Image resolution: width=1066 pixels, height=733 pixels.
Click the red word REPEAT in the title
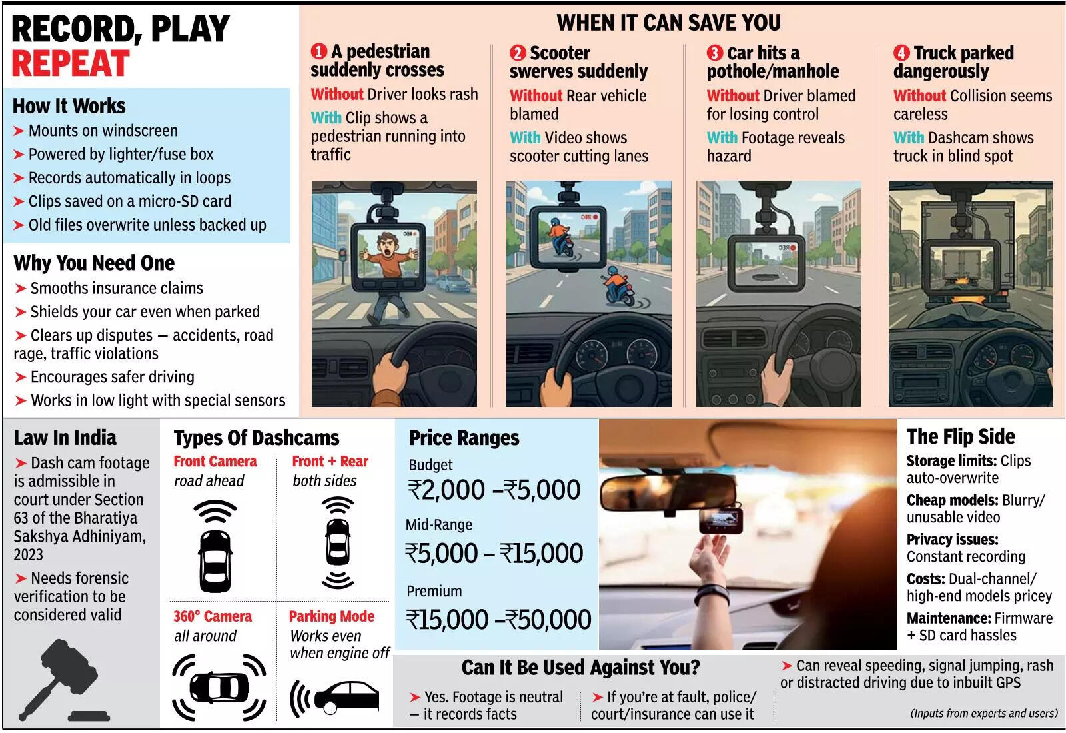point(71,63)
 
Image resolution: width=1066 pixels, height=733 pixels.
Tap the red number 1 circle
point(319,51)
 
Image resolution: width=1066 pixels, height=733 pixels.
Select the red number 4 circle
point(901,53)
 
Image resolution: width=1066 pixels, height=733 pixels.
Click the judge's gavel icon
point(64,680)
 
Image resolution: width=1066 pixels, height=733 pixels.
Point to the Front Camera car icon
point(215,560)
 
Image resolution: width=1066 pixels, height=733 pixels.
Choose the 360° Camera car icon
point(219,687)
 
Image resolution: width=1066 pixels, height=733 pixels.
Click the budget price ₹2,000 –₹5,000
point(494,490)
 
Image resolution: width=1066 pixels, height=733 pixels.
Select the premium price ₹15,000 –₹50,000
point(498,620)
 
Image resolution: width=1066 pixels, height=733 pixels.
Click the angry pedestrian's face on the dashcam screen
point(387,246)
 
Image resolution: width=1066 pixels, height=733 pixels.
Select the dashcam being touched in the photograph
point(720,520)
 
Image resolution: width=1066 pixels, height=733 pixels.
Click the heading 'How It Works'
point(69,106)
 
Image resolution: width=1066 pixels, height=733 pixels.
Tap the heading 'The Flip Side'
point(960,436)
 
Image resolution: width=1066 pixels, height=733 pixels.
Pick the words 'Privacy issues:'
point(952,539)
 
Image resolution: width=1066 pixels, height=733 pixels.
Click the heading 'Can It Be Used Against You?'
point(580,667)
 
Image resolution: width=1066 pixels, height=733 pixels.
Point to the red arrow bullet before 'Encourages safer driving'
point(20,377)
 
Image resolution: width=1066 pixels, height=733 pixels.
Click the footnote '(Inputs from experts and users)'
point(983,714)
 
